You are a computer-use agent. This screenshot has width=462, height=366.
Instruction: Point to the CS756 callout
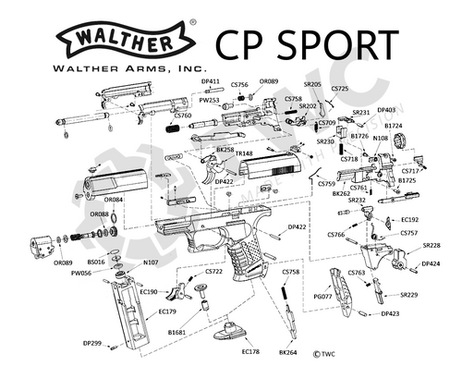238,85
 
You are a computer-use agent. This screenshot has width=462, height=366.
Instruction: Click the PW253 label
210,100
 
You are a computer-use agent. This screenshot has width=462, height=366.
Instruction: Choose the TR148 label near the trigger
245,152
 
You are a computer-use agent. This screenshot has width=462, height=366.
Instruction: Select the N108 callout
380,137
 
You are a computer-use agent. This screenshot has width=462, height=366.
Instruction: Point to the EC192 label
409,220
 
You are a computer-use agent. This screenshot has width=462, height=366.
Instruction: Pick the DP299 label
91,343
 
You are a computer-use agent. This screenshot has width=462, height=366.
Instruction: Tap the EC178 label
250,351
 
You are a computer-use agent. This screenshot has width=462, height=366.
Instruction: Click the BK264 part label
287,351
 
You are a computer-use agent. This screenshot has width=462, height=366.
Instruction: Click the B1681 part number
177,330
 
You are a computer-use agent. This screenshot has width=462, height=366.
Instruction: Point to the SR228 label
432,245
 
